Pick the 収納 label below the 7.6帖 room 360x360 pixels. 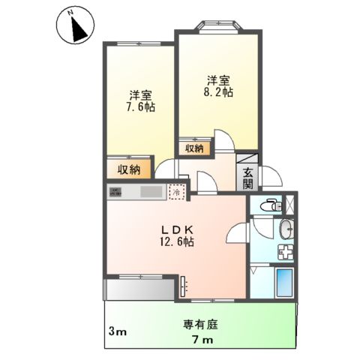(129, 169)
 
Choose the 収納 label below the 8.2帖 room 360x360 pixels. (194, 148)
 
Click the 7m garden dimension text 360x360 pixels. (202, 341)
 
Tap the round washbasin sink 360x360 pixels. (285, 229)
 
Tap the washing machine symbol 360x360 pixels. (286, 252)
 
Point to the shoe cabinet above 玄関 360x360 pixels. (247, 158)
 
